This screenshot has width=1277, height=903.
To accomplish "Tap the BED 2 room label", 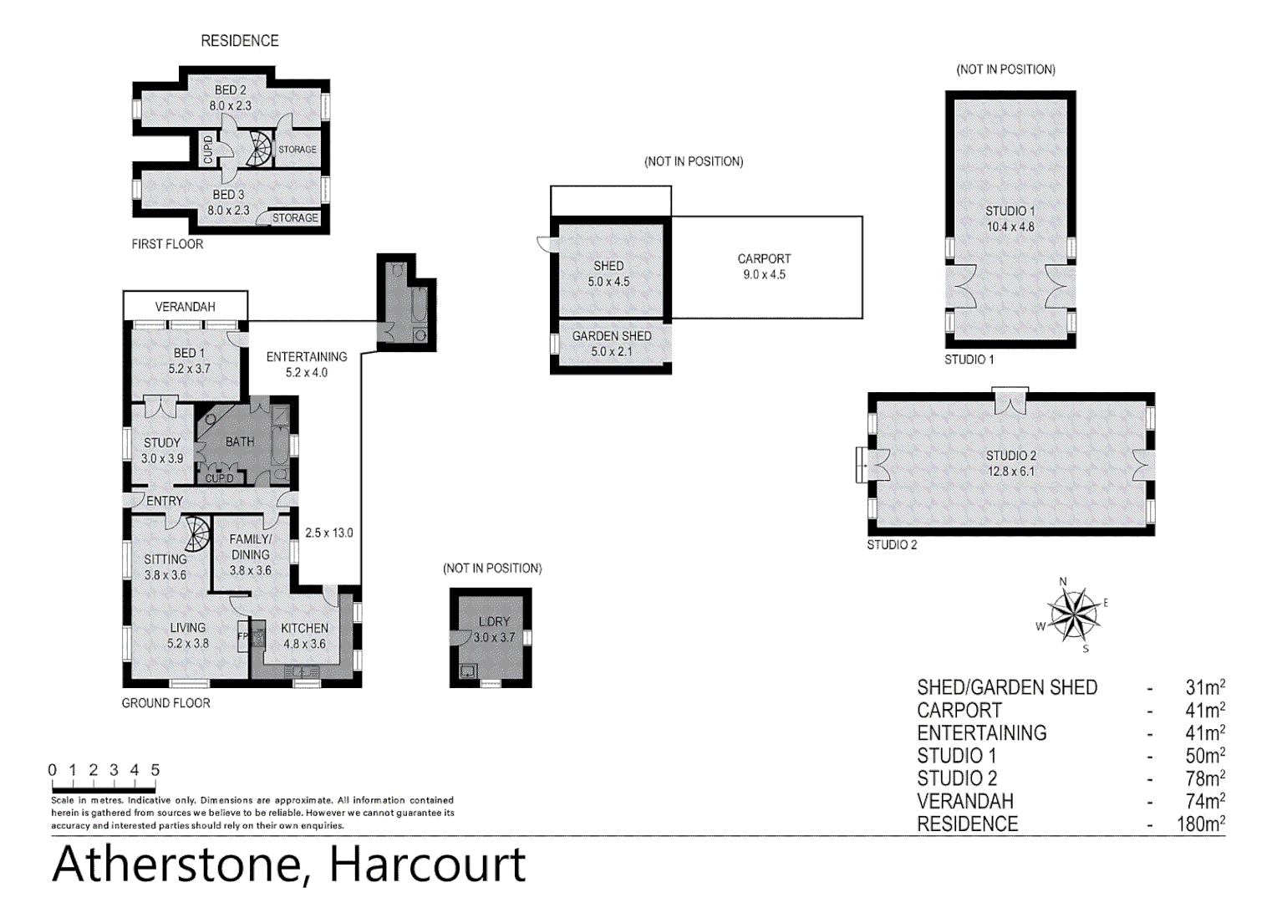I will click(230, 89).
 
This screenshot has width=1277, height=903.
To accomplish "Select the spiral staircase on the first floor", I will click(260, 149).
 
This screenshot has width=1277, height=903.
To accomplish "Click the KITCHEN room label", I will click(304, 628).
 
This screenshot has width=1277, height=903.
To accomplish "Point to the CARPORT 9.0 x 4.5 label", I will click(764, 267).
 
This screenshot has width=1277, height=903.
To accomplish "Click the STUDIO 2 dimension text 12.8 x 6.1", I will click(1010, 472).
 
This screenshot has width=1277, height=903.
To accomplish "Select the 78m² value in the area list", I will click(1204, 778).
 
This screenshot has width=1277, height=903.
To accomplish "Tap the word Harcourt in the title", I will click(427, 865).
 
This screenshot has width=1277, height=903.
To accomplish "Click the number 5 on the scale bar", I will click(155, 770).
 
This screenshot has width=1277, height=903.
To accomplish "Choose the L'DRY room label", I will click(494, 621).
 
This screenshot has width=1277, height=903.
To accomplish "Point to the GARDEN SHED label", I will click(611, 336).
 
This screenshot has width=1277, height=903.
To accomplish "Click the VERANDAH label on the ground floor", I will click(185, 307).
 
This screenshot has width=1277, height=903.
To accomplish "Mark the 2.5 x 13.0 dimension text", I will click(328, 533).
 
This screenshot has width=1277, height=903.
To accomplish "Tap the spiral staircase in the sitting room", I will click(197, 534).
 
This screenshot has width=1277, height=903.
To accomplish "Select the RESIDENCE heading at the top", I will click(239, 41).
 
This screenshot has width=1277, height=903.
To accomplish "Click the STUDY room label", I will click(161, 442).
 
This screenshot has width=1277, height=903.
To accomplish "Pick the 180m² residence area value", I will click(1200, 824).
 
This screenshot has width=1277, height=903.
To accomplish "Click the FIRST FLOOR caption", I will click(167, 244).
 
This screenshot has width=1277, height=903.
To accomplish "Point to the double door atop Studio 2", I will click(1010, 402).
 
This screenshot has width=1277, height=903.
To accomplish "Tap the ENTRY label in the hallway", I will click(165, 501).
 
